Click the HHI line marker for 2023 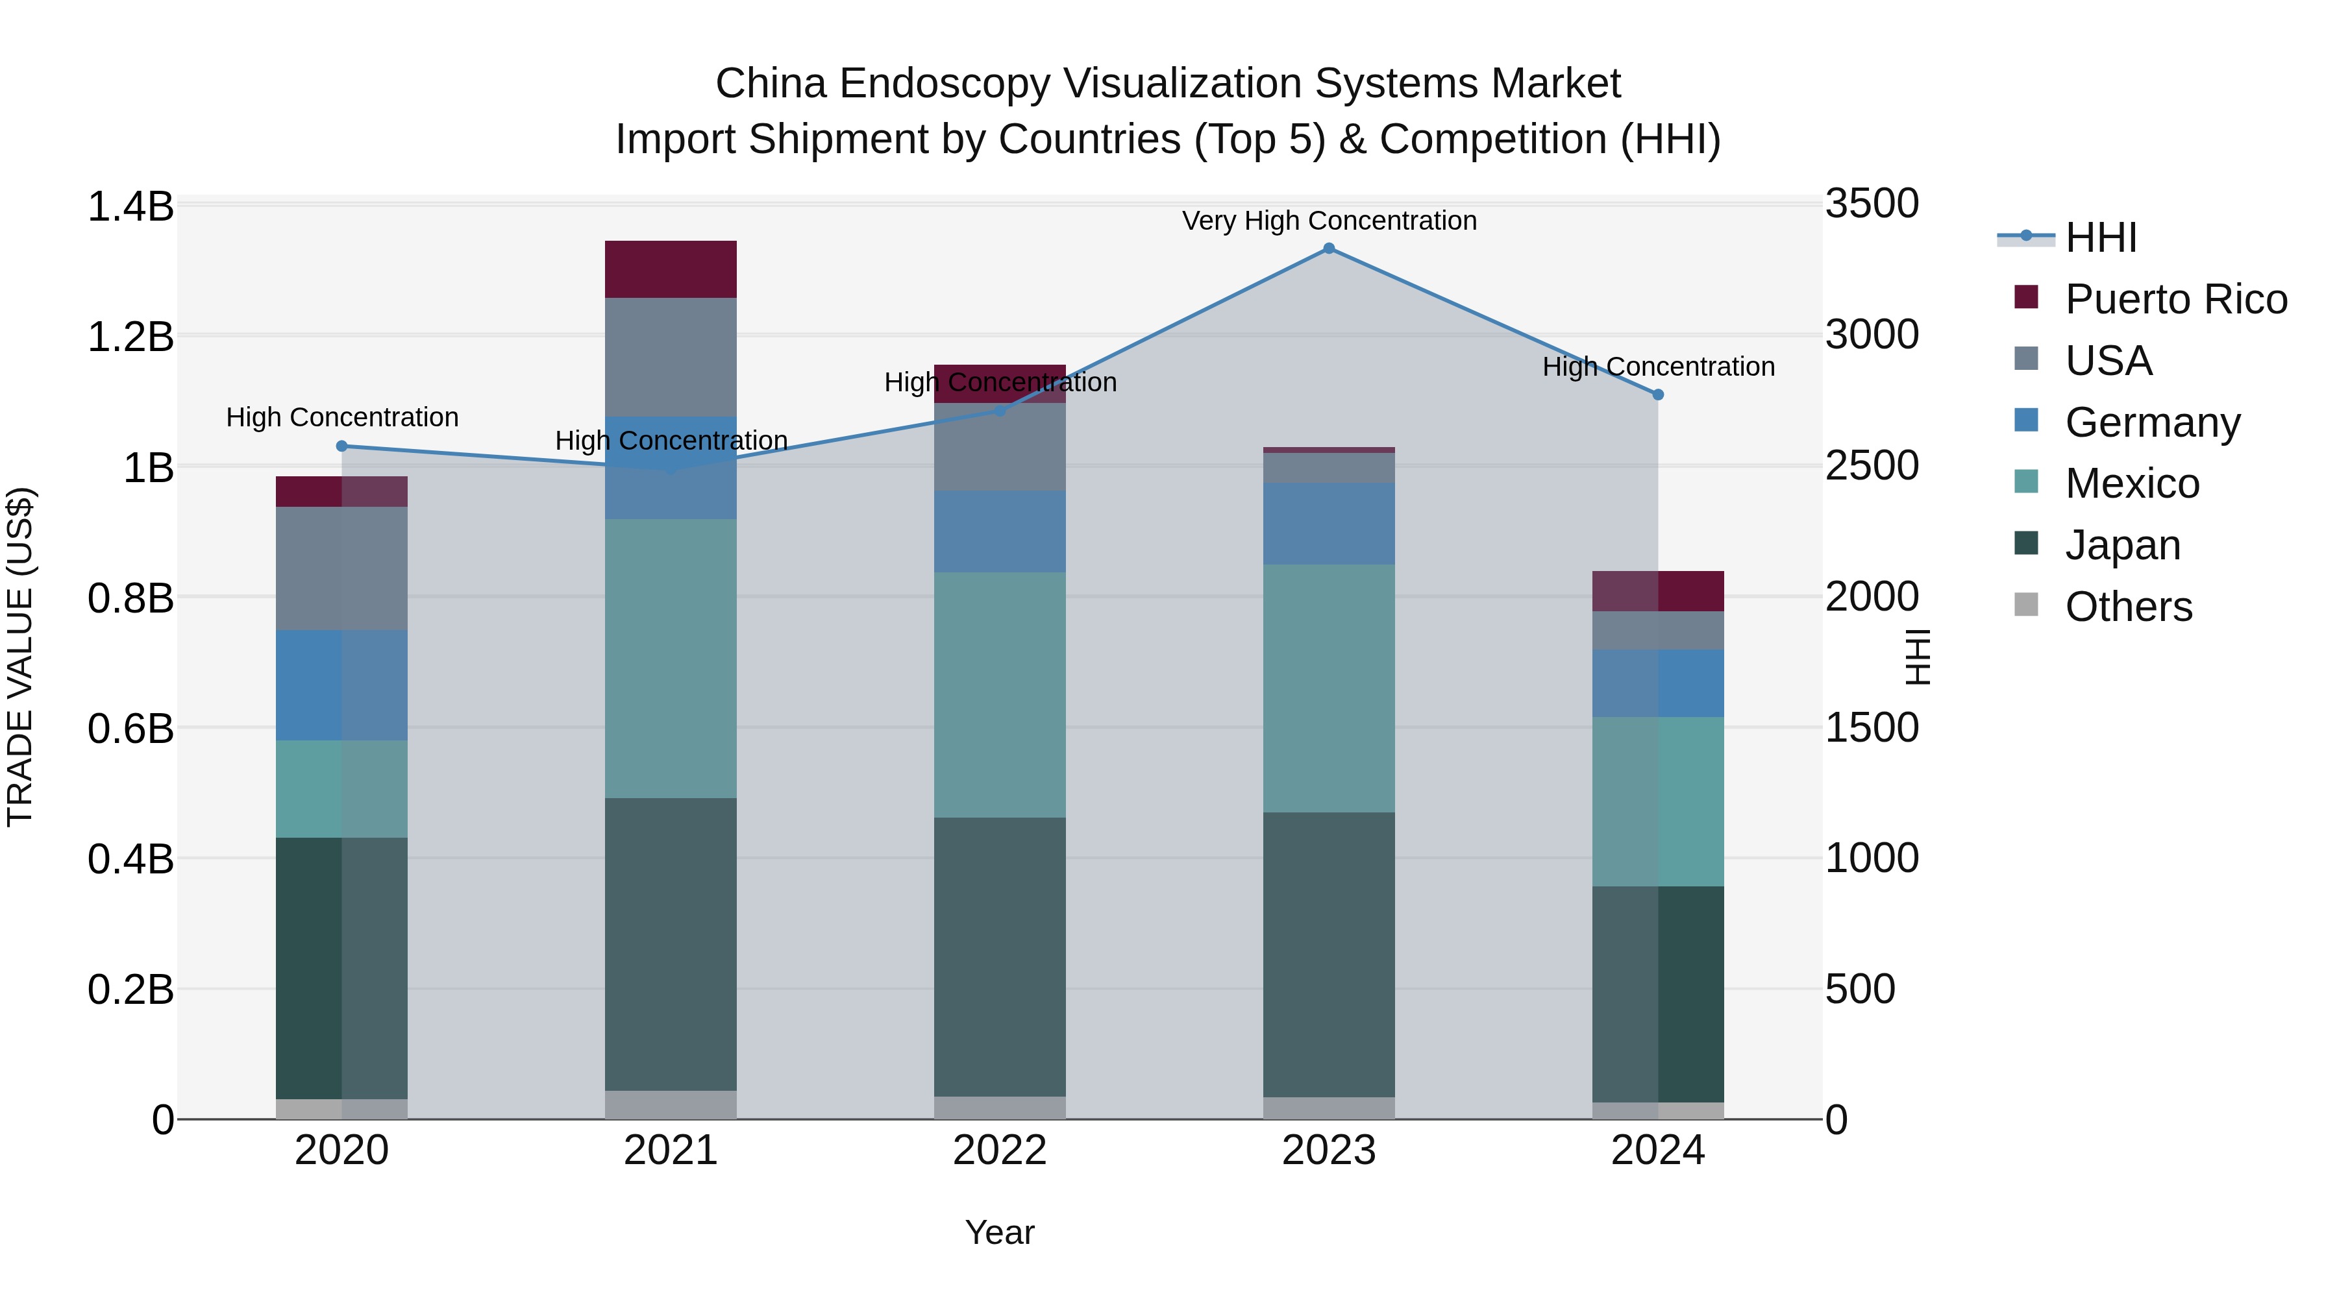1328,249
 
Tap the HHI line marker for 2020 342,446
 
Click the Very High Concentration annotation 1329,221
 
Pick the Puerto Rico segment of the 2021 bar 671,269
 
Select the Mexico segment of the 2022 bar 1000,694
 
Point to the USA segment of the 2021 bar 671,356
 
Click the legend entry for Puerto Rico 2175,299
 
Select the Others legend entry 2127,607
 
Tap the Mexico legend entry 2131,483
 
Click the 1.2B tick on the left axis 130,337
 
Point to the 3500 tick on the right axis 1872,204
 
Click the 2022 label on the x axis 1000,1150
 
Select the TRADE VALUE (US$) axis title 20,657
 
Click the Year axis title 1000,1232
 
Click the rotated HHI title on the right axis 1917,657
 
